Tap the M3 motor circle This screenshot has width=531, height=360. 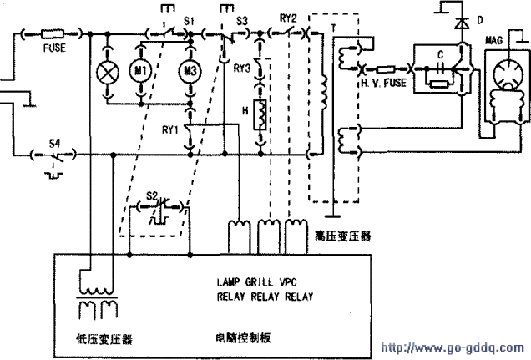(190, 74)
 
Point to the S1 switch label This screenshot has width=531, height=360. (189, 18)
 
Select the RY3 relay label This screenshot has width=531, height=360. (245, 68)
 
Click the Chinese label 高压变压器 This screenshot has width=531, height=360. (343, 237)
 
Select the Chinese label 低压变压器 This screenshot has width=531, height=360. (98, 339)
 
